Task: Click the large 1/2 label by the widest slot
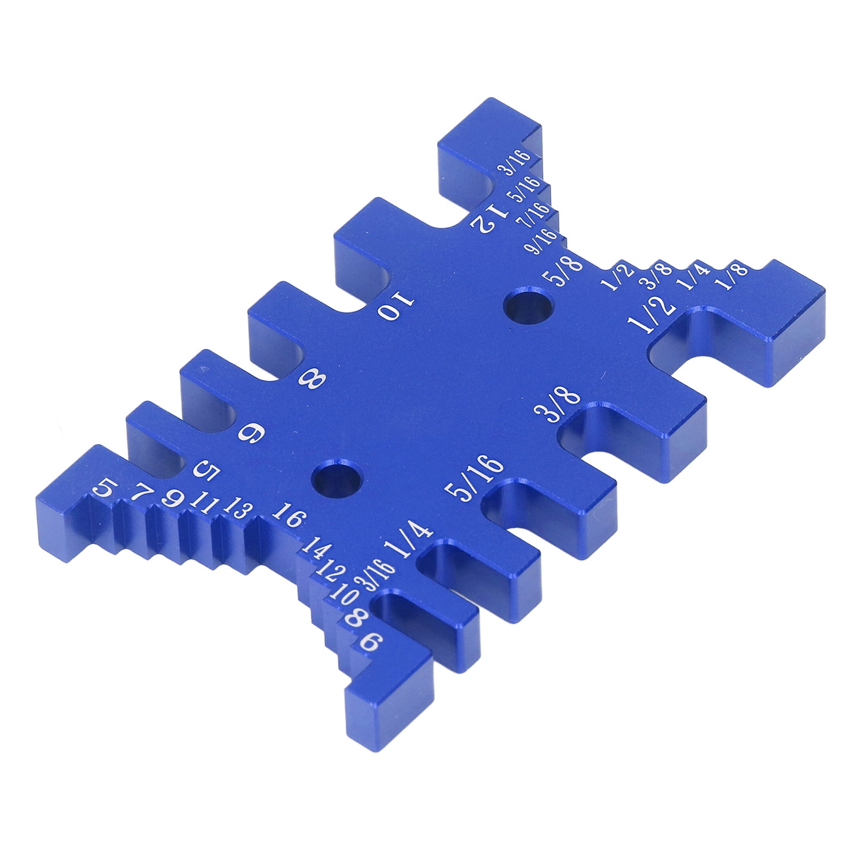[652, 316]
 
